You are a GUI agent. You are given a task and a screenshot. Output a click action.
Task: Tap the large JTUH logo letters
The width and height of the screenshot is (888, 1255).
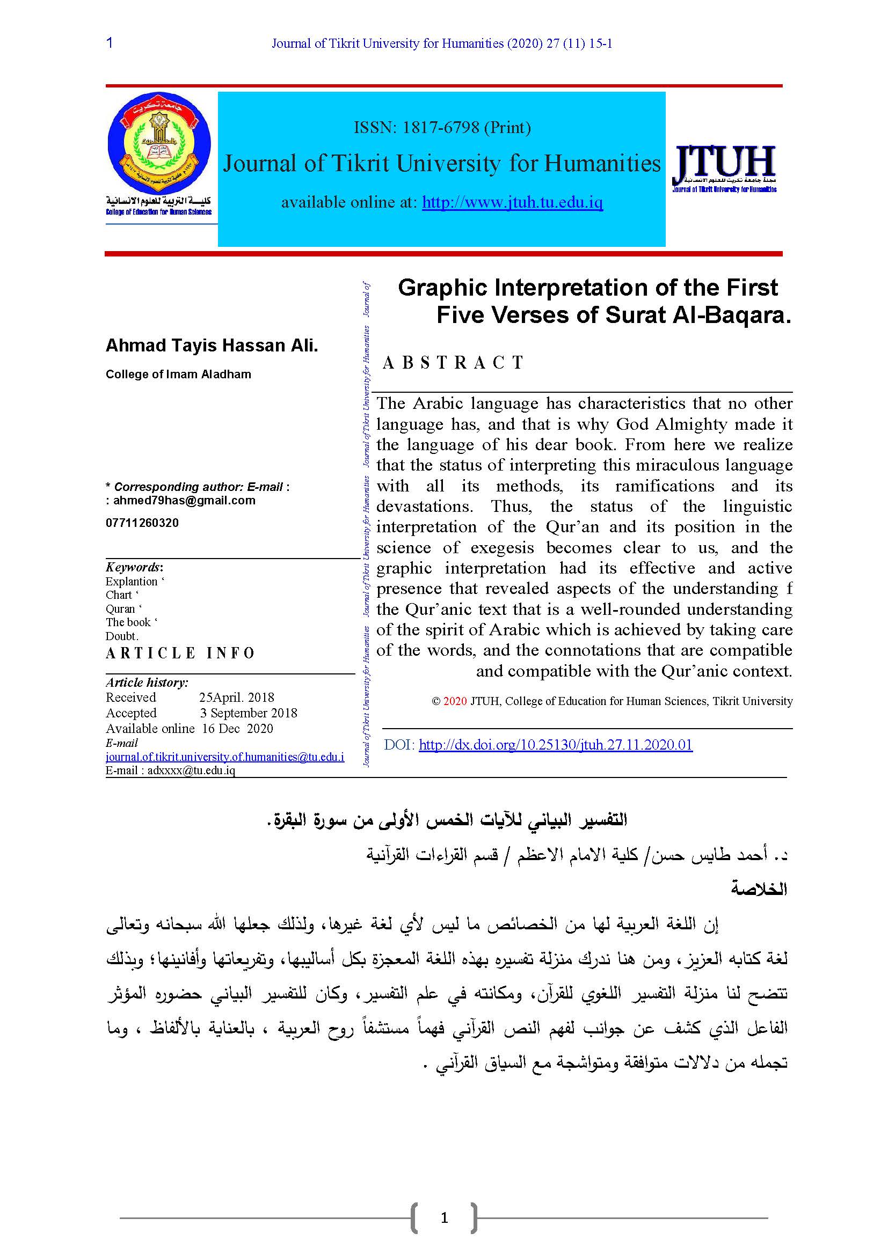point(724,163)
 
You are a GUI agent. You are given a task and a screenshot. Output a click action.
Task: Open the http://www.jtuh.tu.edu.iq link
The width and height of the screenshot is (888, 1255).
point(512,202)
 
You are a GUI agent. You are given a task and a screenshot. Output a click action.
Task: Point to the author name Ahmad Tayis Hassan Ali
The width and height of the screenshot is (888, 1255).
point(212,346)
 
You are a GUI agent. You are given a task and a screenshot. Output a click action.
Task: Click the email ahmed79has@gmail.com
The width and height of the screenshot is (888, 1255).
point(184,501)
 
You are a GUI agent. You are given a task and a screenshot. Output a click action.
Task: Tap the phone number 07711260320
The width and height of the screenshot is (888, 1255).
point(142,523)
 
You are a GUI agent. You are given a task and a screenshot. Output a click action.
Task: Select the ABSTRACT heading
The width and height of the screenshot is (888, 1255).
point(453,362)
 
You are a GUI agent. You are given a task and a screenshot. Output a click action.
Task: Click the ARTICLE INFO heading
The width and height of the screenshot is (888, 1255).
point(180,653)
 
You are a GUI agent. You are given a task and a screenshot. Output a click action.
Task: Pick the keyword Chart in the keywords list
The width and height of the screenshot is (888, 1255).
point(119,595)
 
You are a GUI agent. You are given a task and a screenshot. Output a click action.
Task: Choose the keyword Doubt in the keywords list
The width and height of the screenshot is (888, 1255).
point(121,636)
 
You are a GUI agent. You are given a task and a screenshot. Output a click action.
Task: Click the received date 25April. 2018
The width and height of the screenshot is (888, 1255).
point(236,698)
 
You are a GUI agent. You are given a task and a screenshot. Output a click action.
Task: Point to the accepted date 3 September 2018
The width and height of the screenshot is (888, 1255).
point(248,713)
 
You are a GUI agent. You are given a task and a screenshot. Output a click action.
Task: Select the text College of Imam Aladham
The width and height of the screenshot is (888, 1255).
point(178,375)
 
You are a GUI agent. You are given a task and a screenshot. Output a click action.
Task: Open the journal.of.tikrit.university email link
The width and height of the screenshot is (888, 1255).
point(225,757)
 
